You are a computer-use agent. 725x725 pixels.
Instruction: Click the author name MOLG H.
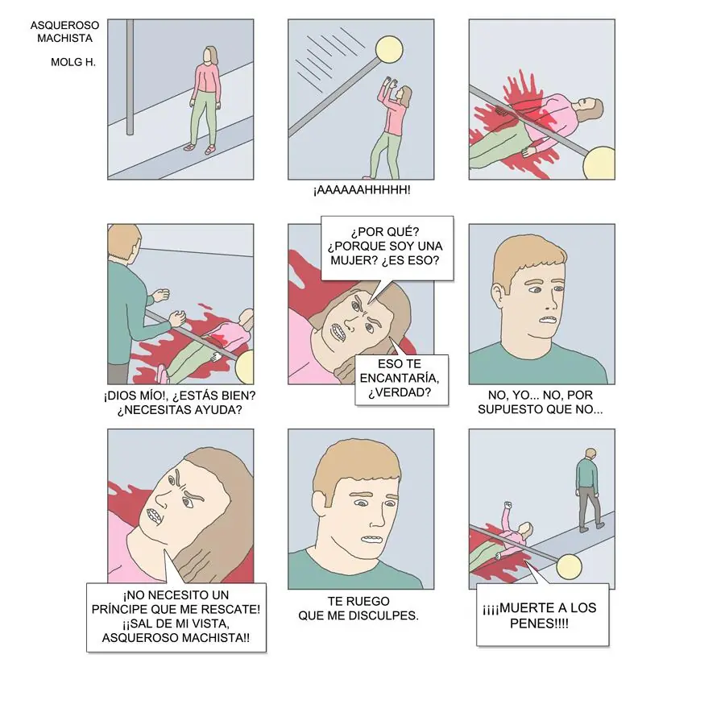click(73, 62)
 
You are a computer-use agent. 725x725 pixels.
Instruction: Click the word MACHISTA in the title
click(64, 39)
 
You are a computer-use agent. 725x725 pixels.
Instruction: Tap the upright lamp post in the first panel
click(130, 77)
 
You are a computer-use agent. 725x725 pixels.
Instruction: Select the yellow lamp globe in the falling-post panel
click(389, 50)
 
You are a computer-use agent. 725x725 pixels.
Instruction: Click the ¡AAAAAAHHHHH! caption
click(362, 190)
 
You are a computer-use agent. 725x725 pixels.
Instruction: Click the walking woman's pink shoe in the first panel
click(210, 150)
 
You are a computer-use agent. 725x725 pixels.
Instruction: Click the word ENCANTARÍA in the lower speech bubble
click(400, 379)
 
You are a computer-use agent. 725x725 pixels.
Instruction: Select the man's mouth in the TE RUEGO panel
click(372, 540)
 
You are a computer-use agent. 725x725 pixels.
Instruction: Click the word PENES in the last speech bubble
click(532, 623)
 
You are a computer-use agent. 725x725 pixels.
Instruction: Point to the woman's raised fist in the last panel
click(507, 505)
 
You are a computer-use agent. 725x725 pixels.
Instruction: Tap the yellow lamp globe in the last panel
click(569, 567)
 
